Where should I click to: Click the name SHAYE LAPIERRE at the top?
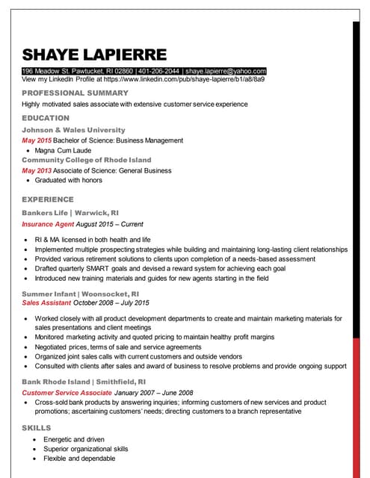coord(94,55)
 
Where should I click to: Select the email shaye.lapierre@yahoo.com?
coord(226,71)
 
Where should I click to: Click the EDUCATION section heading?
coord(46,118)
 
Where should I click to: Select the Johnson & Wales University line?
coord(73,130)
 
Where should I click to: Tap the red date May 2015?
coord(37,140)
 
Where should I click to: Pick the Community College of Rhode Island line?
coord(86,160)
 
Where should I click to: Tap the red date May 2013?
coord(37,170)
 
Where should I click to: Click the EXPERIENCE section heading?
coord(48,199)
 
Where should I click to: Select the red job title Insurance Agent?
coord(48,223)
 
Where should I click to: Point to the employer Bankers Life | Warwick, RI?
coord(70,213)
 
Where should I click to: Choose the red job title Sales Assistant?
coord(47,302)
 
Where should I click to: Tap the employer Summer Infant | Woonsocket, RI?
coord(80,294)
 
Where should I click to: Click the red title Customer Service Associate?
coord(67,392)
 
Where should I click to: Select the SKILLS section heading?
coord(37,428)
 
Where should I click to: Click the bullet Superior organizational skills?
coord(85,449)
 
